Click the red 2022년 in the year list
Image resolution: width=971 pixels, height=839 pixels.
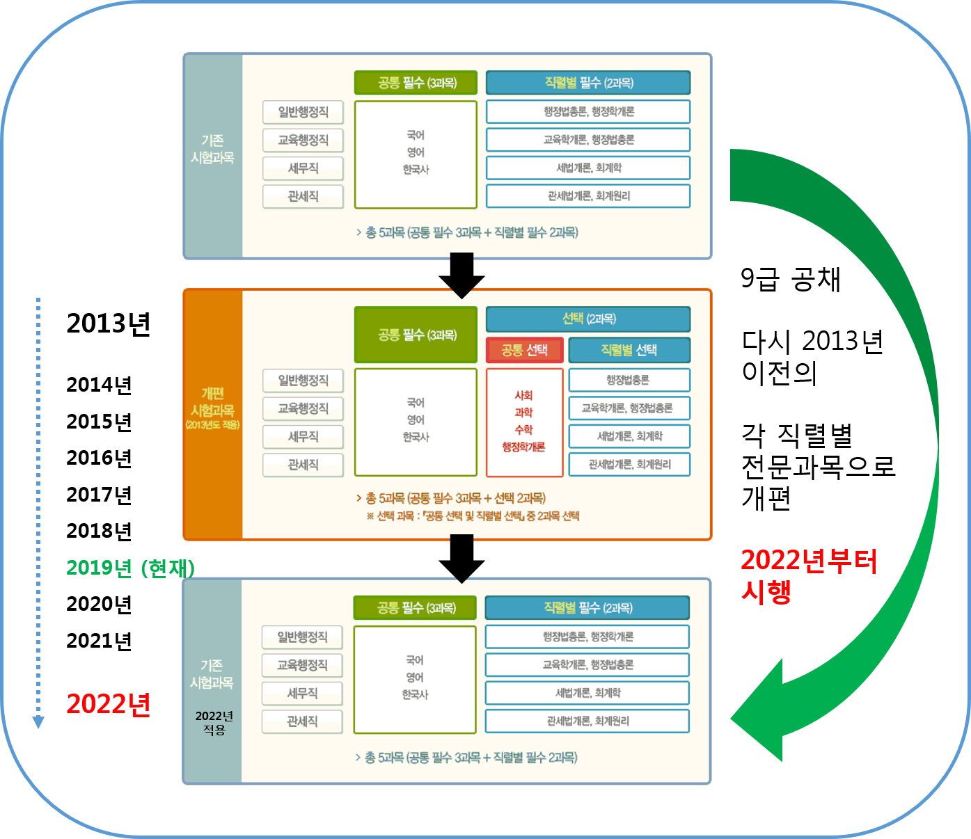[109, 704]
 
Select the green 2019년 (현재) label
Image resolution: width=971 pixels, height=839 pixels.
[130, 568]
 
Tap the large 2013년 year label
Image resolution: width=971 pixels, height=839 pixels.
[109, 323]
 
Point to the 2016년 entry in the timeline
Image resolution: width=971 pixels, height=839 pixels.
[99, 458]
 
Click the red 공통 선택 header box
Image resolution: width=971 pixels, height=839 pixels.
[524, 350]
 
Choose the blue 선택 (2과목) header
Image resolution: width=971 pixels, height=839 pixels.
[588, 319]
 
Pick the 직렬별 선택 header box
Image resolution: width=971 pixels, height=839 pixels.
[629, 350]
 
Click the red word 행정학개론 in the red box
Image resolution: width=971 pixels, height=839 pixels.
[524, 447]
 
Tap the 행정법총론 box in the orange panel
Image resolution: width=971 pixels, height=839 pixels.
[629, 380]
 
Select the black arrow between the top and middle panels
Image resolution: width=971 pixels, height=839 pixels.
[461, 275]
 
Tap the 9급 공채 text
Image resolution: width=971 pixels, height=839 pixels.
[791, 279]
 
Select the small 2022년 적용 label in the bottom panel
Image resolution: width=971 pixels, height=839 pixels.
[214, 723]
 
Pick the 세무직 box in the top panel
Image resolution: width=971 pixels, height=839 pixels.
[303, 168]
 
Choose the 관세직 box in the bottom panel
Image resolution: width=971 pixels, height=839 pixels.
[302, 721]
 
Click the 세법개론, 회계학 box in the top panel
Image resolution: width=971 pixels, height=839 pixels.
[588, 168]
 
